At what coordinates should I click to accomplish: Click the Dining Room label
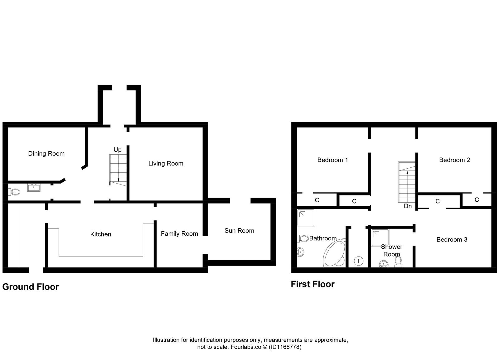coord(46,154)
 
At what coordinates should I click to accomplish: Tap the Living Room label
coord(166,164)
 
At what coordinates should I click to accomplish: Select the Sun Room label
coord(239,231)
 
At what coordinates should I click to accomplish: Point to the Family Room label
coord(179,234)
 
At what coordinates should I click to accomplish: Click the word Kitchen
coord(100,234)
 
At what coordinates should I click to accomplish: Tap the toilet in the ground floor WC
coord(14,191)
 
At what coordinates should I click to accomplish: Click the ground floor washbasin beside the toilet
coord(34,188)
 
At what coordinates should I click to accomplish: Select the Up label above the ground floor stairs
coord(118,150)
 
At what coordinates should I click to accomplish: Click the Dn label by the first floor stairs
coord(408,206)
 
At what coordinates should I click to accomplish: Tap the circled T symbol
coord(359,261)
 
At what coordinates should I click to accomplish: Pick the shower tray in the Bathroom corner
coord(306,218)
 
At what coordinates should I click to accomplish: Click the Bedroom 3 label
coord(452,240)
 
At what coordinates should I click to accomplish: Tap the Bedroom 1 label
coord(332,160)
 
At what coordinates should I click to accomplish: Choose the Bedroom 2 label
coord(454,160)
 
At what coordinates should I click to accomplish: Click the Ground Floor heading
coord(31,287)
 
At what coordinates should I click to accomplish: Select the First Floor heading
coord(312,284)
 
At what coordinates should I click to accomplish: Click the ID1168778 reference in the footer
coord(285,347)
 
